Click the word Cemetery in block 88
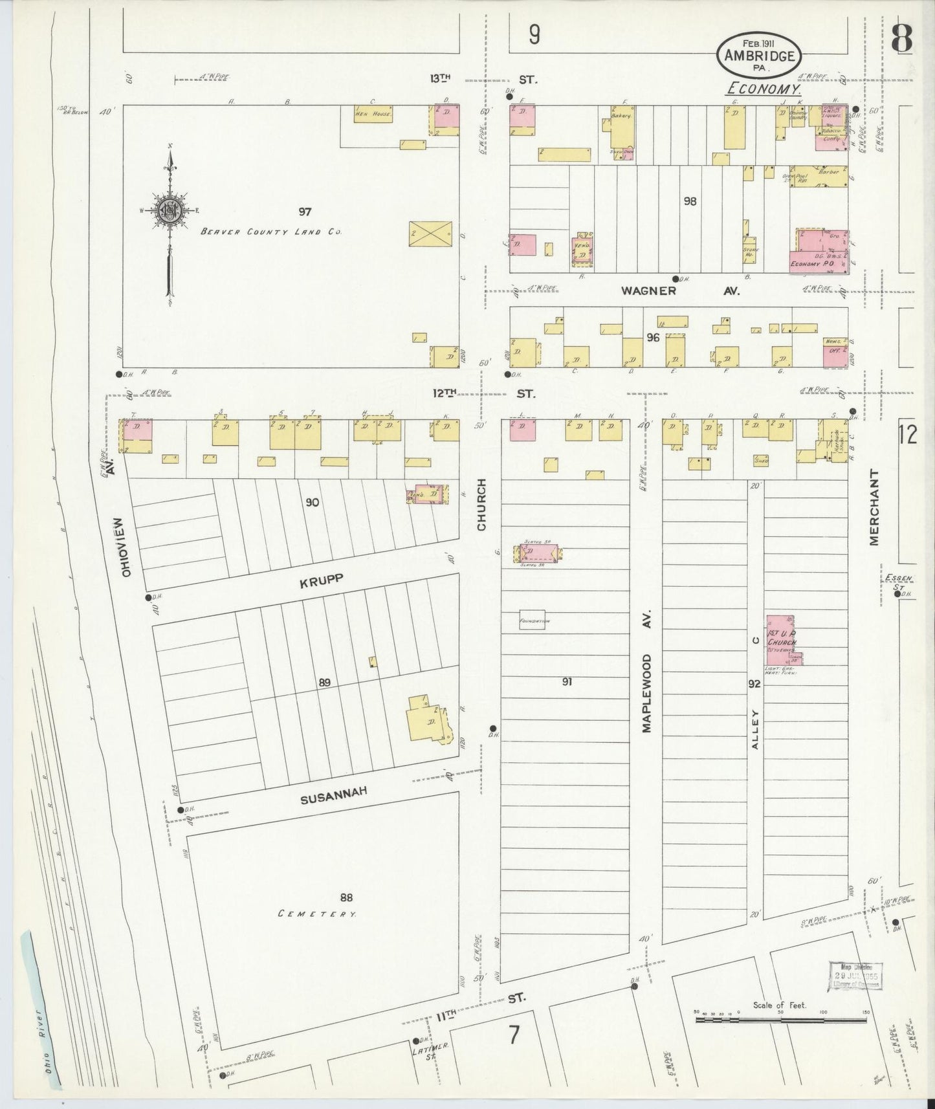click(317, 914)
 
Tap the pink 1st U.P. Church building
click(781, 639)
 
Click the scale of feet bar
click(780, 1020)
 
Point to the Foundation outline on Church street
click(532, 620)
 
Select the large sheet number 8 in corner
click(901, 40)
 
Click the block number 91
click(567, 681)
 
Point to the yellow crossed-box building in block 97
click(430, 233)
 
